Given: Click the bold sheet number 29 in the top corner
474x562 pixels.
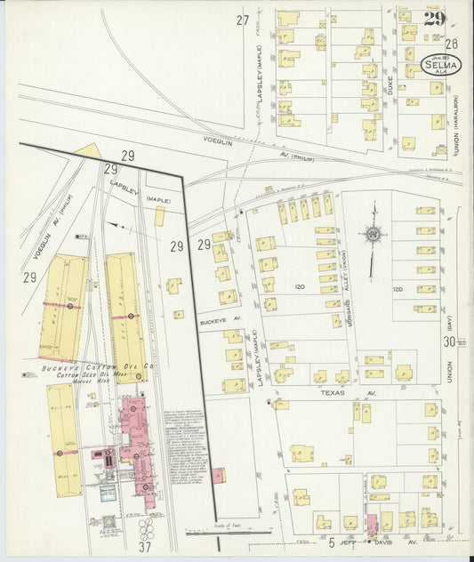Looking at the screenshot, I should pyautogui.click(x=434, y=19).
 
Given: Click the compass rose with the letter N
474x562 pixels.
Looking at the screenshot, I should pyautogui.click(x=374, y=235).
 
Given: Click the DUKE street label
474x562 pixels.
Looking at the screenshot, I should pyautogui.click(x=390, y=86).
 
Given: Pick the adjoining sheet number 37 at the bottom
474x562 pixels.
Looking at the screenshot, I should pyautogui.click(x=143, y=547).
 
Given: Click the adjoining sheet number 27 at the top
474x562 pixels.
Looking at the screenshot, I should pyautogui.click(x=242, y=20).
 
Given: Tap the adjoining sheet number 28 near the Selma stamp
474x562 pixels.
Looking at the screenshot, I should pyautogui.click(x=451, y=43).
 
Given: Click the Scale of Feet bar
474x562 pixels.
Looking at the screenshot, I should pyautogui.click(x=227, y=533).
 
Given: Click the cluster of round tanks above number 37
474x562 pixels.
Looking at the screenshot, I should pyautogui.click(x=145, y=529).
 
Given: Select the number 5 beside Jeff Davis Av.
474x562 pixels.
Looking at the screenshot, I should pyautogui.click(x=330, y=542).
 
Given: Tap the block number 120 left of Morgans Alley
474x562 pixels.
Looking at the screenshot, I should pyautogui.click(x=300, y=288).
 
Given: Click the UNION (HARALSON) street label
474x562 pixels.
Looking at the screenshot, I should pyautogui.click(x=453, y=124).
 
